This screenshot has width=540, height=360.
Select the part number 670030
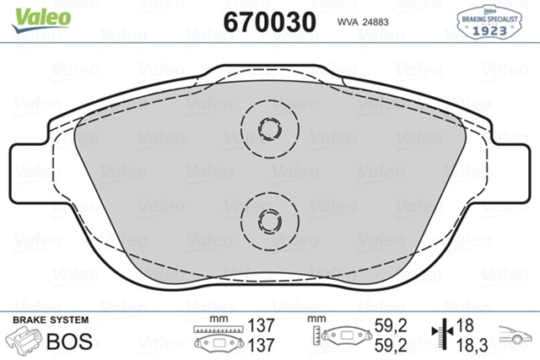click(x=269, y=20)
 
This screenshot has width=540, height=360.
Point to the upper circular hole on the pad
click(x=270, y=130)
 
